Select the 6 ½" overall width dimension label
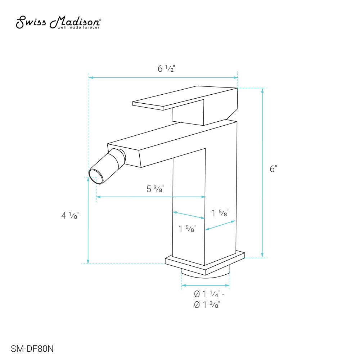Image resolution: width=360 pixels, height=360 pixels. click(x=166, y=69)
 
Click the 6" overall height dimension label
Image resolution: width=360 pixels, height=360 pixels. click(x=274, y=169)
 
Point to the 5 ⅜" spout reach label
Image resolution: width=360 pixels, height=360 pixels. click(x=155, y=189)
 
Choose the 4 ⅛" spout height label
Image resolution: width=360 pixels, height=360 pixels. click(x=70, y=216)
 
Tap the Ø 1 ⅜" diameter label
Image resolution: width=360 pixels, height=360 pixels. click(x=207, y=305)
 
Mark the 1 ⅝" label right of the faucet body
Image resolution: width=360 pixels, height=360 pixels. click(x=219, y=213)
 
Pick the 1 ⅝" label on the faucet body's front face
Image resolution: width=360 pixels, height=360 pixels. click(x=187, y=229)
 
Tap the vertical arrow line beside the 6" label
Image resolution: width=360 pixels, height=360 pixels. click(x=262, y=173)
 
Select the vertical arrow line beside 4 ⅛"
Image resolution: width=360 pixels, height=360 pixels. click(x=88, y=220)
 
